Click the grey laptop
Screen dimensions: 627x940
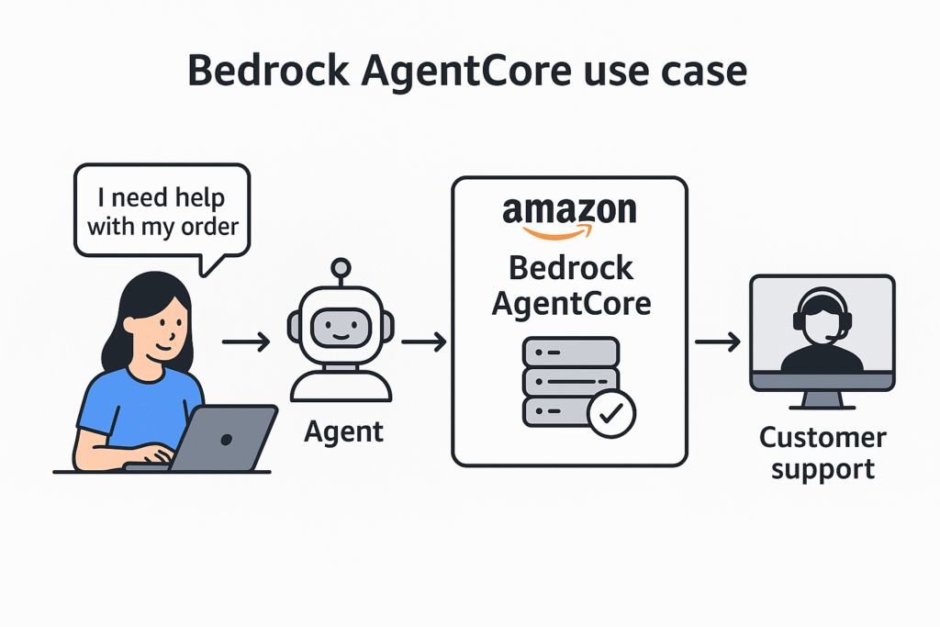226,438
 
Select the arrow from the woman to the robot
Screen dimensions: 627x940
245,342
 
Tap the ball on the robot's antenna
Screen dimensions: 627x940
341,268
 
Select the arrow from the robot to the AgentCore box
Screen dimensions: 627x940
423,342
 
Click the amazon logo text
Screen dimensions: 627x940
569,210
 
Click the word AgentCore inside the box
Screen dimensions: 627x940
570,302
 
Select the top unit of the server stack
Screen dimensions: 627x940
570,352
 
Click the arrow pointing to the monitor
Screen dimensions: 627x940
717,342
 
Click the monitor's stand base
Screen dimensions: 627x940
822,405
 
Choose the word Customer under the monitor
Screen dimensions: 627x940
822,438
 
